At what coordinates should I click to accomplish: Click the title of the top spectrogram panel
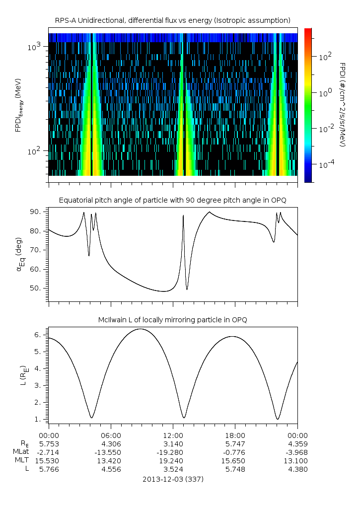click(x=173, y=20)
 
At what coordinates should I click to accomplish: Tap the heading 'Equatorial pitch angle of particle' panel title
click(x=173, y=200)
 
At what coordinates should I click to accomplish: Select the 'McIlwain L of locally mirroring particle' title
click(x=173, y=319)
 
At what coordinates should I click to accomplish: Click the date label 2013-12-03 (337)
click(x=173, y=479)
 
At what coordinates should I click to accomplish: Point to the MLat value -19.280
click(x=173, y=452)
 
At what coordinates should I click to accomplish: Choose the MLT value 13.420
click(x=111, y=460)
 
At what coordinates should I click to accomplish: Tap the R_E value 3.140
click(x=173, y=443)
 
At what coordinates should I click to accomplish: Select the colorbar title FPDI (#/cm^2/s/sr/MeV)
click(x=343, y=104)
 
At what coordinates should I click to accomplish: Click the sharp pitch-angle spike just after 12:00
click(x=183, y=216)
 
